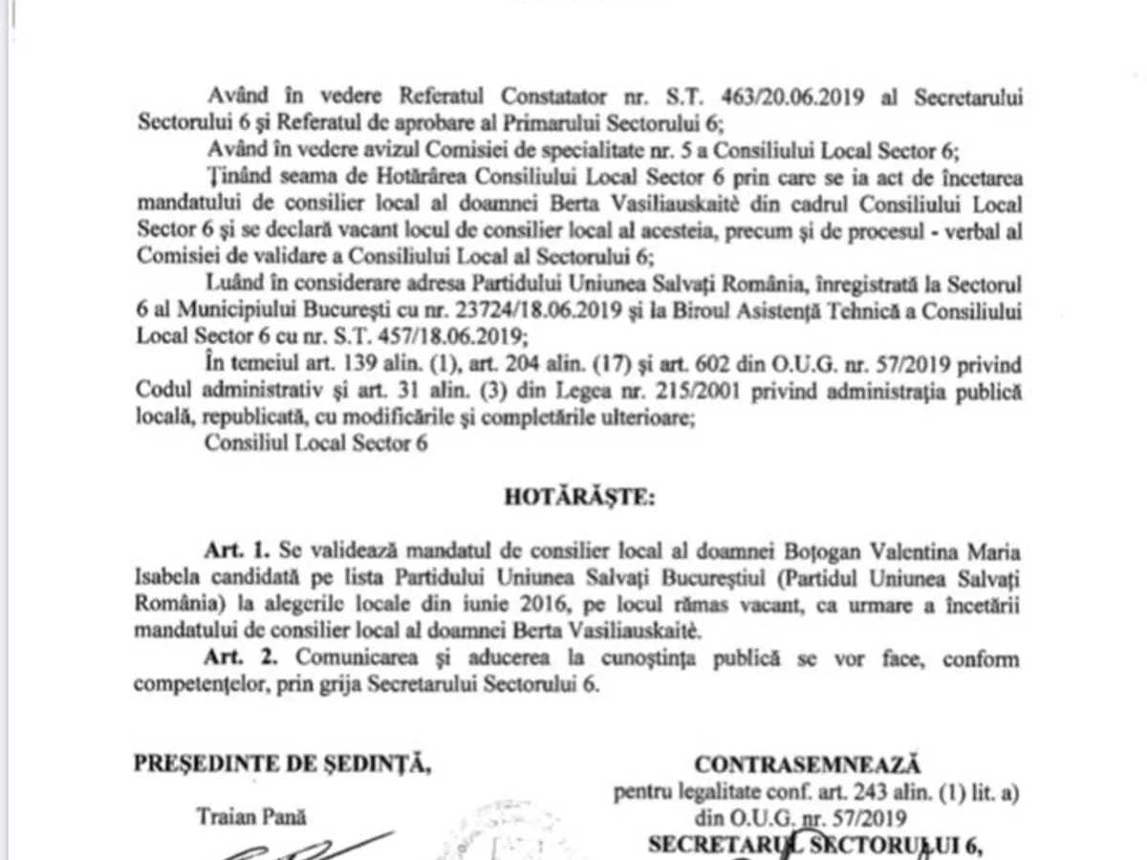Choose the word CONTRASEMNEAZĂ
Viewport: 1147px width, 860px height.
[x=807, y=764]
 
